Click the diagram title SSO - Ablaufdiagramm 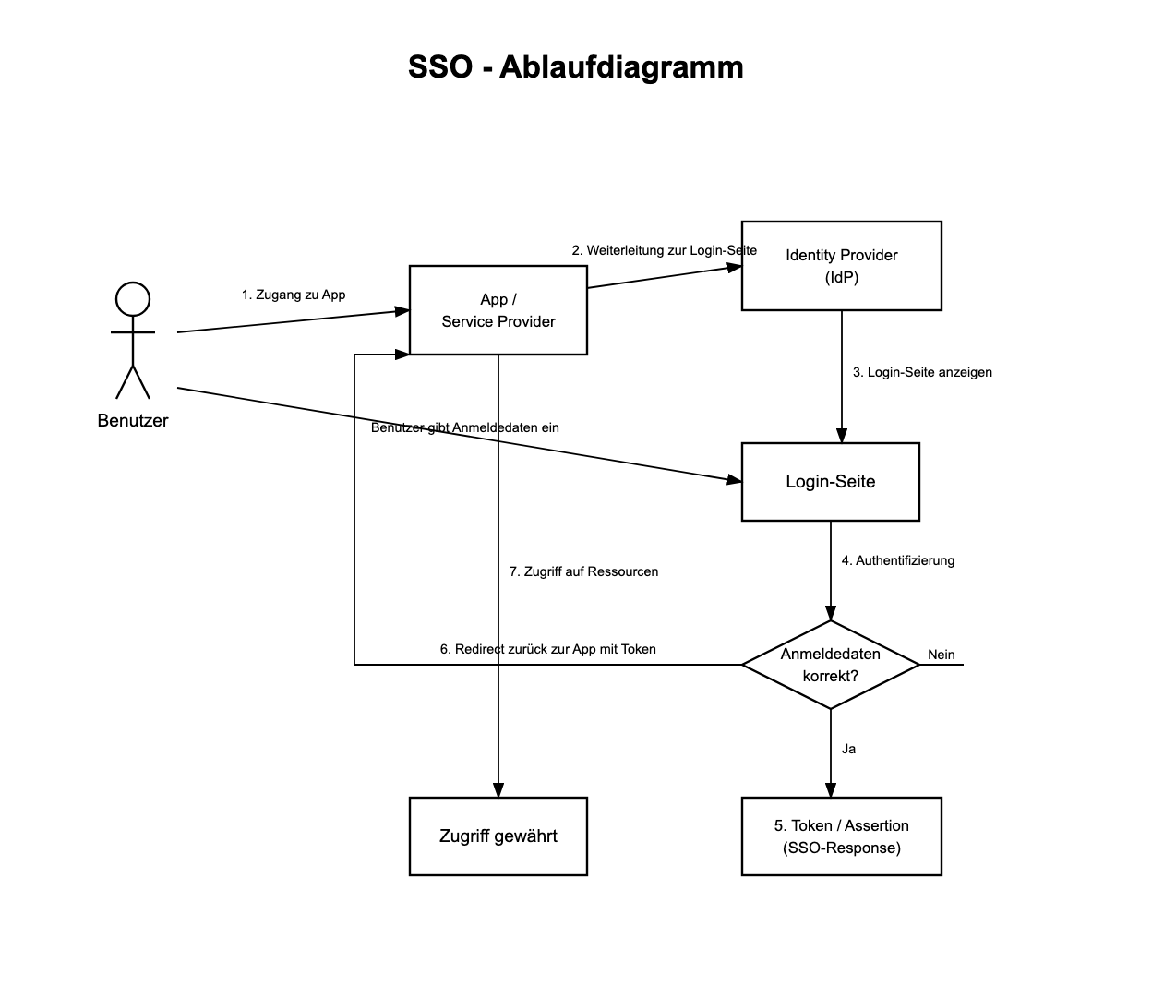click(x=575, y=67)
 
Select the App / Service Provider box click(x=498, y=310)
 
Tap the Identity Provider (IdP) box click(x=841, y=266)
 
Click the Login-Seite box click(x=830, y=482)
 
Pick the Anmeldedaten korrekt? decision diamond click(x=830, y=665)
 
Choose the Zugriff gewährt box click(x=498, y=836)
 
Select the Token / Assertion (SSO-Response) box click(x=841, y=836)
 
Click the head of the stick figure click(x=133, y=300)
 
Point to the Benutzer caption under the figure click(x=133, y=421)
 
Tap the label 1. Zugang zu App click(x=294, y=295)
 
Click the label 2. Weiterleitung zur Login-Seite click(x=664, y=250)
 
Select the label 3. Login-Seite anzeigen click(x=922, y=372)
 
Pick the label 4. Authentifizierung click(x=897, y=560)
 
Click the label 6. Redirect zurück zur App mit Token click(x=548, y=649)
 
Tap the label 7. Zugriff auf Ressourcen click(x=583, y=571)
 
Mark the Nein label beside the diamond click(x=942, y=655)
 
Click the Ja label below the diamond click(x=848, y=749)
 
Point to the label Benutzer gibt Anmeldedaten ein click(x=465, y=427)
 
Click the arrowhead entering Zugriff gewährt click(x=498, y=790)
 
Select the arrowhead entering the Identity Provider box click(x=735, y=268)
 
